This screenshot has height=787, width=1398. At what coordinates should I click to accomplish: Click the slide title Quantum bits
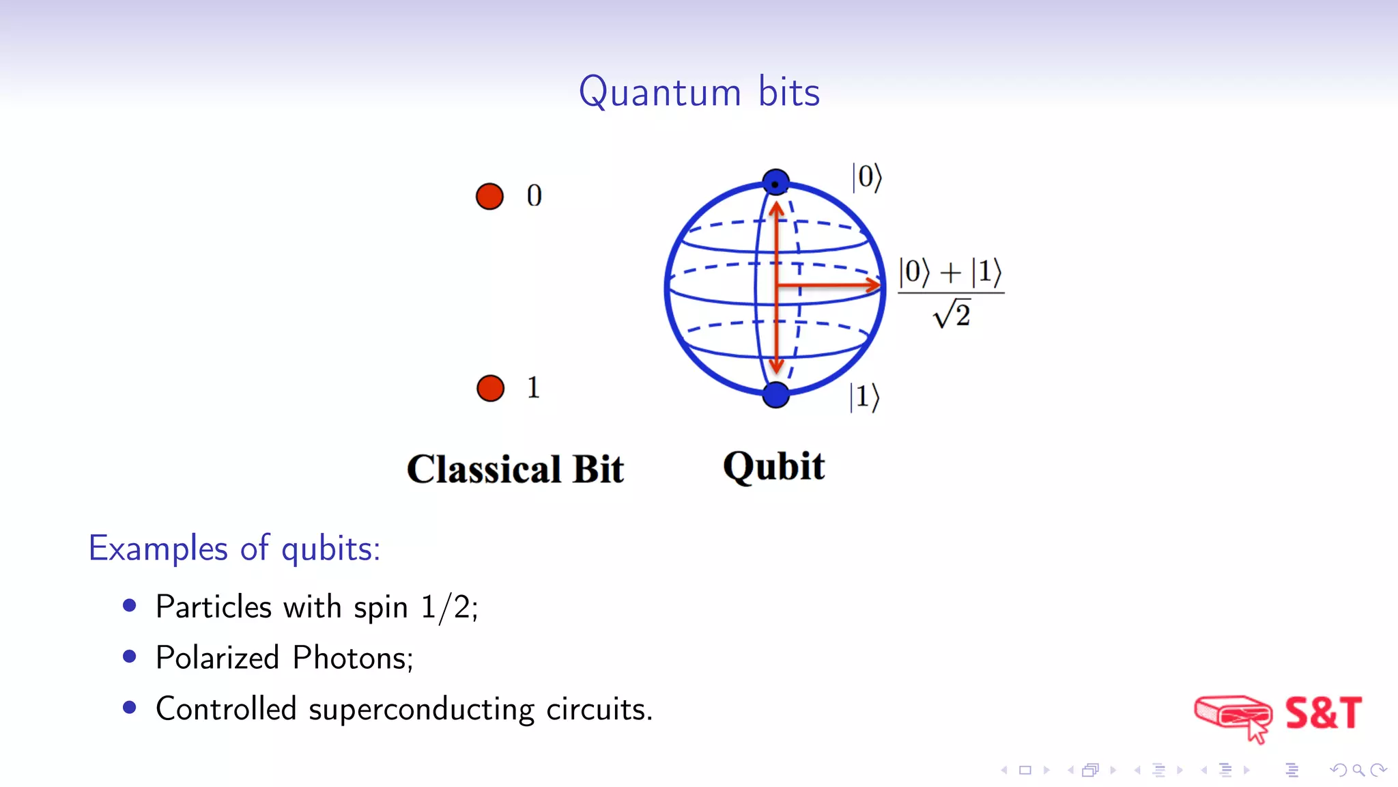[699, 92]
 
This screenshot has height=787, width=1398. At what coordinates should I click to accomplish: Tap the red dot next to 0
[489, 196]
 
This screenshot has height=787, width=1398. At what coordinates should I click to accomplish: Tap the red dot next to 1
[490, 388]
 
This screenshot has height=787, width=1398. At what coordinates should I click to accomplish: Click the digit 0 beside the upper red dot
[534, 196]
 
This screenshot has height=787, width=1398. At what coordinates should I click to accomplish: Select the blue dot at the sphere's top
[775, 183]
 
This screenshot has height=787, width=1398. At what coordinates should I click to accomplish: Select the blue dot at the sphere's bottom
[775, 394]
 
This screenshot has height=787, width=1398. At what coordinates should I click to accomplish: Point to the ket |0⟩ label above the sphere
[867, 178]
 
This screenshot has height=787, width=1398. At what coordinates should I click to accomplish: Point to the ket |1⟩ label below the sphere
[864, 397]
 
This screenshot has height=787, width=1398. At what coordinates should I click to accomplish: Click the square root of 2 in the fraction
[952, 314]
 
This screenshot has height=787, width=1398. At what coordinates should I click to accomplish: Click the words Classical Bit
[515, 469]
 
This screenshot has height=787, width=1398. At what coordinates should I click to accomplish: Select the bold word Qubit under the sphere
[774, 467]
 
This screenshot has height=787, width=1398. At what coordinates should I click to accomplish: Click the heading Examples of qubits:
[234, 549]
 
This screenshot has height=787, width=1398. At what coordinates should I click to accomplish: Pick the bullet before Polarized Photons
[130, 657]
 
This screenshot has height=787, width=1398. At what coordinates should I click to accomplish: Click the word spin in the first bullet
[380, 607]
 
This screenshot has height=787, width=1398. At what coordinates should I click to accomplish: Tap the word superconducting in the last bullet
[421, 709]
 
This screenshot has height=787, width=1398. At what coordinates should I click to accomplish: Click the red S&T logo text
[1323, 713]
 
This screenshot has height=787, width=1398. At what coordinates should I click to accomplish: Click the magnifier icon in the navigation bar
[1358, 770]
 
